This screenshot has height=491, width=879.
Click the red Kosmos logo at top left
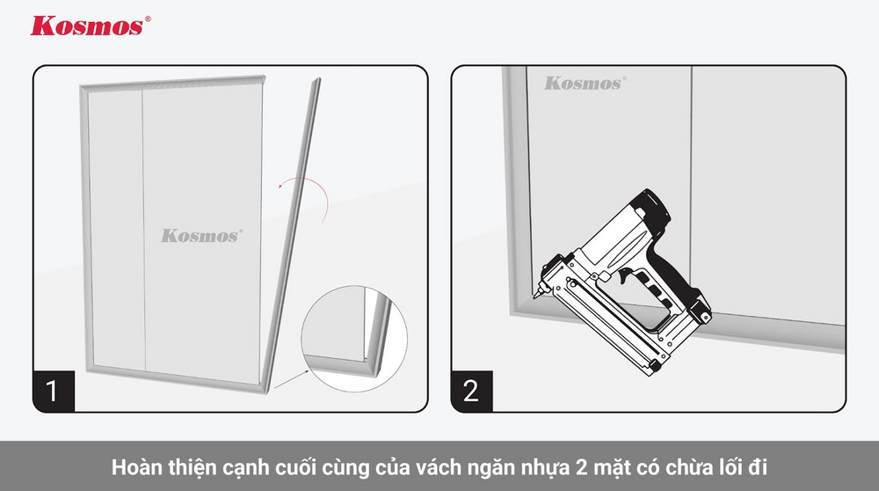click(85, 26)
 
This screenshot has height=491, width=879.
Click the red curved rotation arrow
click(304, 195)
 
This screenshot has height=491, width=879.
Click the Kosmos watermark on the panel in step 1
click(201, 236)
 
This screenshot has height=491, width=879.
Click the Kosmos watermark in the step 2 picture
click(584, 84)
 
